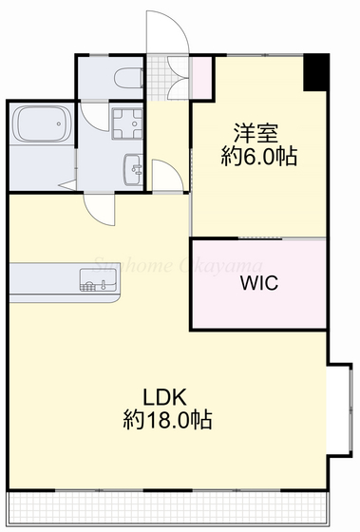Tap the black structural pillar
point(316,72)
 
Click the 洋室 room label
point(250,131)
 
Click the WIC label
point(258,284)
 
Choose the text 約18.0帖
point(167,418)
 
